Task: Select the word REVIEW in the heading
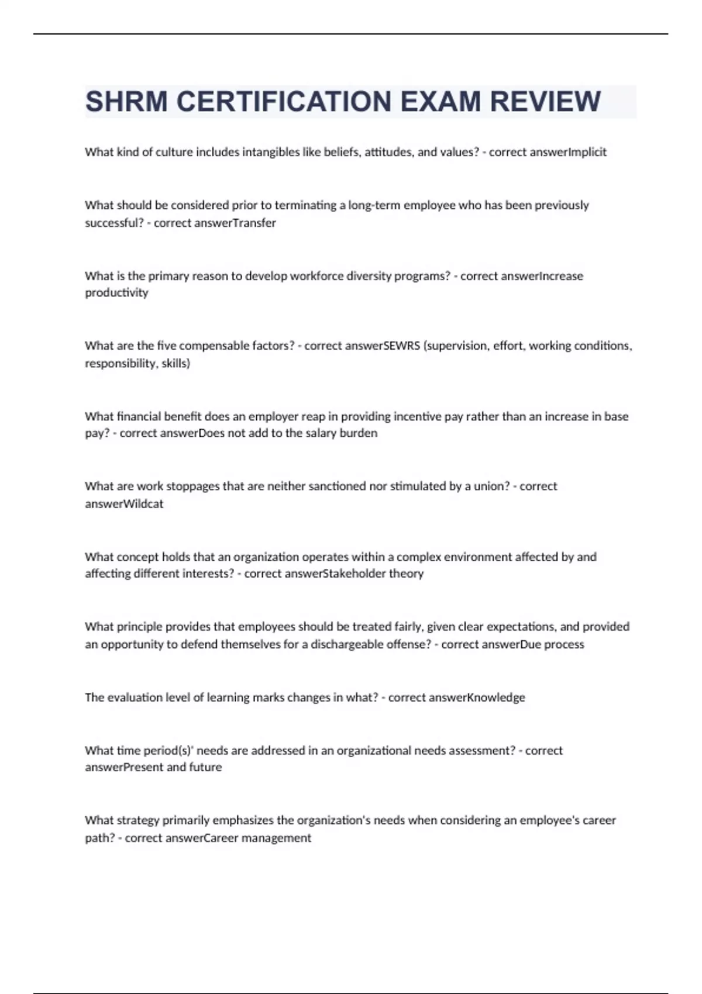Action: (545, 102)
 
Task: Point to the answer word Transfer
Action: (254, 223)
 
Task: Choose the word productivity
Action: (116, 292)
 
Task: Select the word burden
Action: (359, 433)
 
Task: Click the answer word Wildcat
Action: (142, 503)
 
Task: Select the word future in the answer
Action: (205, 767)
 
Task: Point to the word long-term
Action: (374, 205)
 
